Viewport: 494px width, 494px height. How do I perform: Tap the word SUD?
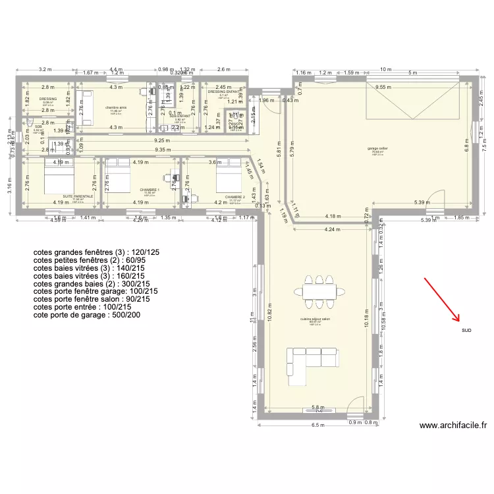click(x=466, y=330)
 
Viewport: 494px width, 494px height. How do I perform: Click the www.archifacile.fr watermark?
click(x=453, y=426)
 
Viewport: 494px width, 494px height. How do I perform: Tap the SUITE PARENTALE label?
click(x=78, y=196)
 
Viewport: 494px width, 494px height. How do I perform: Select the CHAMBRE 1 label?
click(x=150, y=190)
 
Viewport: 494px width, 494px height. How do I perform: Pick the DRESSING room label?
click(x=48, y=99)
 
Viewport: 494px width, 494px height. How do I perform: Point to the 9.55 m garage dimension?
click(x=384, y=87)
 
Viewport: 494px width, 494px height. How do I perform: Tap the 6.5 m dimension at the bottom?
click(x=318, y=425)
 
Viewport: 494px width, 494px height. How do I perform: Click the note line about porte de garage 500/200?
click(x=86, y=315)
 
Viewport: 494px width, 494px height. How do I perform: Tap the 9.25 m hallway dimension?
click(x=159, y=140)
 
